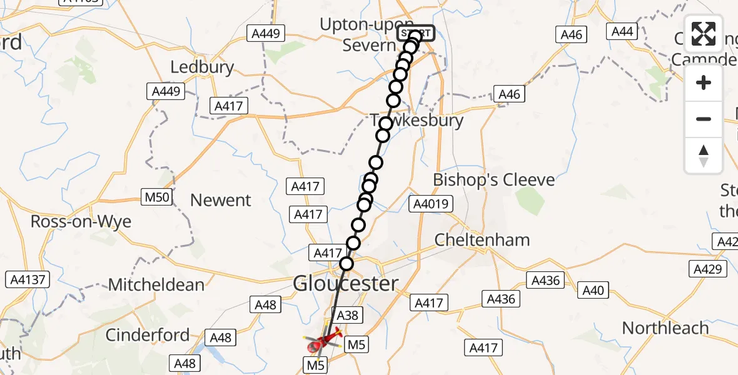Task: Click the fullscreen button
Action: pyautogui.click(x=704, y=34)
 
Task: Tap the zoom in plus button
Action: pyautogui.click(x=704, y=83)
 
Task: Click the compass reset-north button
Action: pyautogui.click(x=704, y=156)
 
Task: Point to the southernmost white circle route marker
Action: pyautogui.click(x=346, y=264)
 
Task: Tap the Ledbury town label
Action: pyautogui.click(x=202, y=67)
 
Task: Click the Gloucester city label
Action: pyautogui.click(x=345, y=284)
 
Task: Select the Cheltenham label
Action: pyautogui.click(x=482, y=240)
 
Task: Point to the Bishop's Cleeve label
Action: pyautogui.click(x=494, y=181)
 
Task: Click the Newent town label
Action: pyautogui.click(x=221, y=201)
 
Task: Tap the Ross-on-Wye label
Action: pyautogui.click(x=73, y=222)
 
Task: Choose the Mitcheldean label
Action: pyautogui.click(x=156, y=285)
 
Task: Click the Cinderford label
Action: pyautogui.click(x=148, y=335)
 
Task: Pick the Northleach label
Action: pyautogui.click(x=665, y=328)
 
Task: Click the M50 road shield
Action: pyautogui.click(x=156, y=197)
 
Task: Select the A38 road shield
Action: pyautogui.click(x=347, y=316)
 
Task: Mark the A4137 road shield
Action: pyautogui.click(x=26, y=279)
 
